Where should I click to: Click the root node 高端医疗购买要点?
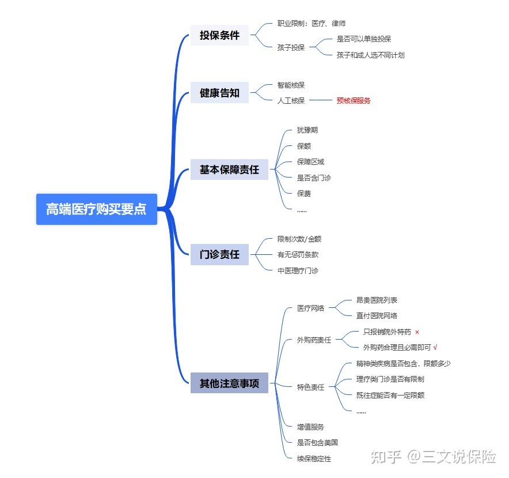click(96, 209)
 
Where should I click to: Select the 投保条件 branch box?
click(219, 35)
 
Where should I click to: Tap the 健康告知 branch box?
click(219, 92)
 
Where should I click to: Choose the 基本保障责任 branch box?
click(229, 170)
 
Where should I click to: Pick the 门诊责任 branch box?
click(219, 254)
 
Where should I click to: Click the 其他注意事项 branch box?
click(229, 383)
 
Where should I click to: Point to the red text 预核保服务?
click(354, 100)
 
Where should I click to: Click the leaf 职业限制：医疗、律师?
click(311, 24)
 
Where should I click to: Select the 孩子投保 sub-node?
click(291, 47)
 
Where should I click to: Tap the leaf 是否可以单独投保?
click(364, 39)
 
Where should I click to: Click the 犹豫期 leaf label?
click(307, 130)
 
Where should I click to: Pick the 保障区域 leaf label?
click(310, 162)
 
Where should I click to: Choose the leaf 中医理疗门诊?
click(298, 270)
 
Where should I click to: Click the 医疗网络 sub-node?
click(310, 308)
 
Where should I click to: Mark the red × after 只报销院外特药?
click(417, 332)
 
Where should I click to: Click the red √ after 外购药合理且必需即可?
click(435, 347)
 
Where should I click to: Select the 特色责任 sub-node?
click(310, 387)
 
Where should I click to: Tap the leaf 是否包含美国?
click(317, 443)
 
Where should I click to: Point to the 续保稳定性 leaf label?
click(314, 458)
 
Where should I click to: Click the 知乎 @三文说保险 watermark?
click(433, 457)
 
